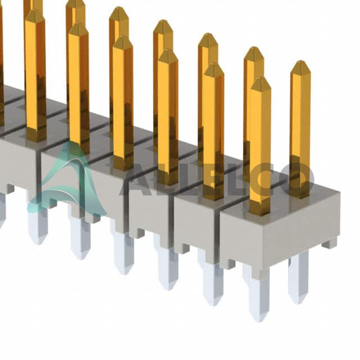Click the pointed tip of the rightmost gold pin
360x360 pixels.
[x=301, y=62]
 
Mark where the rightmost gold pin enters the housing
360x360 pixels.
[x=299, y=196]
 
